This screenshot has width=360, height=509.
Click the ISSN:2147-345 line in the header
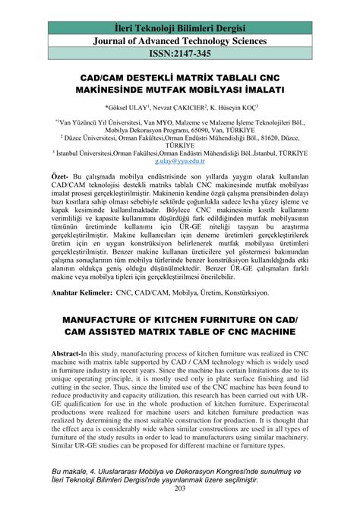point(180,55)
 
